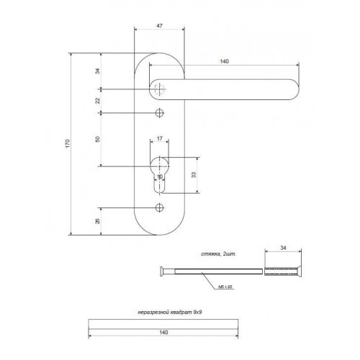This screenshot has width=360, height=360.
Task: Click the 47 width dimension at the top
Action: pos(159,24)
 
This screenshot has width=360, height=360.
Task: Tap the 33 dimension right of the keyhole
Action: pos(194,175)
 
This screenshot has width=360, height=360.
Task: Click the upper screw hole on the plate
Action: pos(159,113)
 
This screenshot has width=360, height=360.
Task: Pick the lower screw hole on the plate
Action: pos(159,208)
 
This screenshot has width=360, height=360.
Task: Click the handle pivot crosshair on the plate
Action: pos(159,89)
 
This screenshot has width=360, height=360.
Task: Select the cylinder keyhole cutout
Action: pos(159,176)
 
